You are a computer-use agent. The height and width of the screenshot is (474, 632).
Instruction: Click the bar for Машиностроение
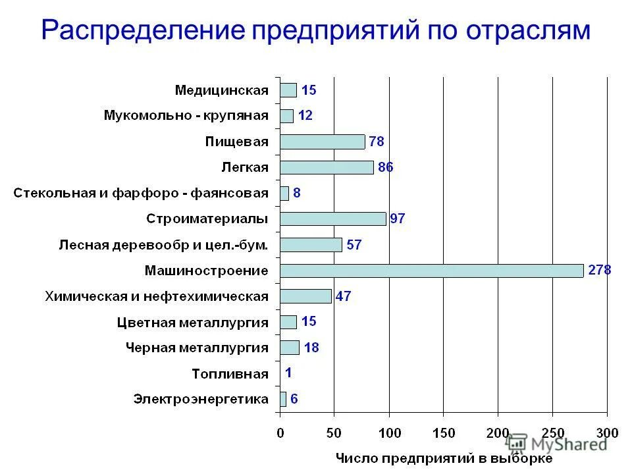[431, 271]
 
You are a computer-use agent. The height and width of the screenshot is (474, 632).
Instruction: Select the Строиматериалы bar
[332, 219]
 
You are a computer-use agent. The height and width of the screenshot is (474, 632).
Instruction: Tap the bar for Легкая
[327, 167]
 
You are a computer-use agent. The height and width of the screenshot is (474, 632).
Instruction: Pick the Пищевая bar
[322, 142]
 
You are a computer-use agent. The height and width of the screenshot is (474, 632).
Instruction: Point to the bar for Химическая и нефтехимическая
[305, 296]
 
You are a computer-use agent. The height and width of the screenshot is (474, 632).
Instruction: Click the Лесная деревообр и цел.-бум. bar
[311, 245]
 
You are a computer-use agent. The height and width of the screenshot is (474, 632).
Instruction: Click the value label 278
[599, 271]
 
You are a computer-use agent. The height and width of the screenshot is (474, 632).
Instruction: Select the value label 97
[398, 219]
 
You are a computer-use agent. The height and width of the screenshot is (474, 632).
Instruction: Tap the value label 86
[385, 167]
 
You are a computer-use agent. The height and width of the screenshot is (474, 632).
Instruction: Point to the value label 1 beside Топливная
[288, 373]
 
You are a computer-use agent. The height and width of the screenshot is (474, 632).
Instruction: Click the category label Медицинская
[222, 90]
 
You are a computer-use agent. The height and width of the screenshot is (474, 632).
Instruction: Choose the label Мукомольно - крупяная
[186, 116]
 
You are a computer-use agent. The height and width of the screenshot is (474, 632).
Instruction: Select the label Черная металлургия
[197, 348]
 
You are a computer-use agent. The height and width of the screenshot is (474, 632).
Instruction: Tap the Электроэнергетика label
[201, 399]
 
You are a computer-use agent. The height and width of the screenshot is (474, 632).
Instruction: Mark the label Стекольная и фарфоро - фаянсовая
[142, 193]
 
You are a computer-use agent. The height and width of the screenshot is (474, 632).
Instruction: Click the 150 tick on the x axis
[444, 433]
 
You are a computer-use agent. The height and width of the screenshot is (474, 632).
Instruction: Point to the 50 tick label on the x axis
[334, 433]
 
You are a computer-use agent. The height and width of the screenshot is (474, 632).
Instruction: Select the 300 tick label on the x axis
[606, 433]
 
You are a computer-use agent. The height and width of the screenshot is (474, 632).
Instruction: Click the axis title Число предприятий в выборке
[444, 458]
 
